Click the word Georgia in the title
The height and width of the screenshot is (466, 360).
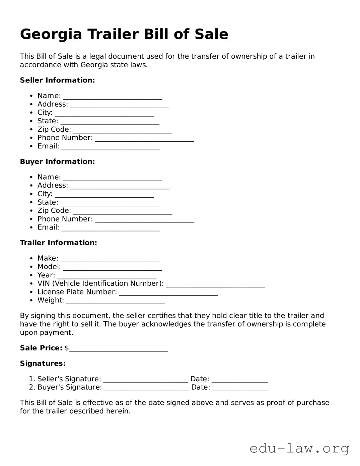coord(51,35)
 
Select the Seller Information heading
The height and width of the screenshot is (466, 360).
coord(57,80)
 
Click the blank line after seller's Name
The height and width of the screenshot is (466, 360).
coord(113,97)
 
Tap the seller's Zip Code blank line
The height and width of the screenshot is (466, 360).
coord(123,131)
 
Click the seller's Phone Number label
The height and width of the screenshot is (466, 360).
coord(65,138)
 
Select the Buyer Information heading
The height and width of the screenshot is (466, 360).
coord(57,162)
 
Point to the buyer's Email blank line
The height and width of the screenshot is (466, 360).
coord(111,229)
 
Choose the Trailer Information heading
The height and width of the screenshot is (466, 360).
coord(58,243)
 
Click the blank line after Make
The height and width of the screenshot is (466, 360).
coord(110,260)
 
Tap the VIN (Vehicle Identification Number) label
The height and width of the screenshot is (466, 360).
coord(100,283)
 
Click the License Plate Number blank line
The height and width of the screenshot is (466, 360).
coord(169,294)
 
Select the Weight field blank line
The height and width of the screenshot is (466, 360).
coord(116,302)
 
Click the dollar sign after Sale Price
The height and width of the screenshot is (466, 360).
coord(67,348)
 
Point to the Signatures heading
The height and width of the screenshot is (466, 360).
coord(43,363)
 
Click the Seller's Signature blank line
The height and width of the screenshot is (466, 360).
coord(146,381)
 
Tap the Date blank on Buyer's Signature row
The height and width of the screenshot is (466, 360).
coord(240,389)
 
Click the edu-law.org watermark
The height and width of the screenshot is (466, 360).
coord(299,448)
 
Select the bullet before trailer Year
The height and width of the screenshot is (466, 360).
coord(31,275)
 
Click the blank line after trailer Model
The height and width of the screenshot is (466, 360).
coord(113,268)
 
